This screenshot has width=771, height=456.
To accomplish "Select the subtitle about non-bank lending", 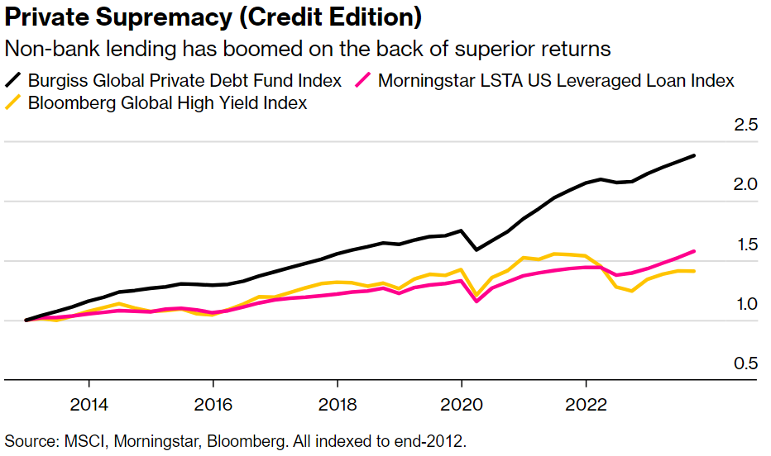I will tap(308, 49).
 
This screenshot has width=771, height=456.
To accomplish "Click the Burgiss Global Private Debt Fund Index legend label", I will tap(184, 80).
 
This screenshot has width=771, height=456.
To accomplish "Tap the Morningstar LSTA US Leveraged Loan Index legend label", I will tap(556, 80).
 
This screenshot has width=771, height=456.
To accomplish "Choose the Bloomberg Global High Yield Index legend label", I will tap(167, 102).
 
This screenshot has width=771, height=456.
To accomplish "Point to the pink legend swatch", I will tap(364, 80).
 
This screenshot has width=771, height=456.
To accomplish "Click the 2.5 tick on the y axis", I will tap(746, 126).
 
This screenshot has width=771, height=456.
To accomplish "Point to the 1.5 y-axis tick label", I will tap(746, 245).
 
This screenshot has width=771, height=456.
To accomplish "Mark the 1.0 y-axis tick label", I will tap(746, 304).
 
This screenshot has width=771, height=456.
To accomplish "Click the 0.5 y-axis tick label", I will tap(746, 363).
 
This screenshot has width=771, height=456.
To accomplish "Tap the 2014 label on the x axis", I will tap(89, 405).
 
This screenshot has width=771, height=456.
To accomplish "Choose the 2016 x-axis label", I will tap(213, 405).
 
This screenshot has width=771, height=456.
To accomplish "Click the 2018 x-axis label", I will tap(338, 405).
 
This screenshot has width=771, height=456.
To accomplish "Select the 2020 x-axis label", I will tap(462, 405).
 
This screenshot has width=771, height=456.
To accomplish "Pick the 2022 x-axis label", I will tap(586, 405).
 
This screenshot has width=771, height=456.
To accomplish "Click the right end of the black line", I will tap(693, 155).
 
